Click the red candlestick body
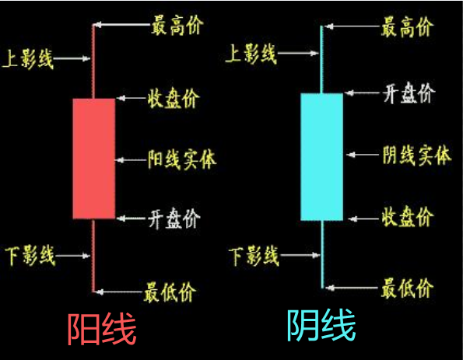click(x=94, y=159)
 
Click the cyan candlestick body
click(x=322, y=157)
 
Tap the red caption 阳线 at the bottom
click(x=102, y=329)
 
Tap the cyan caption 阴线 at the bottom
click(x=321, y=325)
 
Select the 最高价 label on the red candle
click(x=177, y=26)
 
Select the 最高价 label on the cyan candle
click(x=408, y=27)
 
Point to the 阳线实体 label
click(x=182, y=159)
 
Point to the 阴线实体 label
click(x=417, y=155)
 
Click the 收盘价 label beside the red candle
click(x=174, y=98)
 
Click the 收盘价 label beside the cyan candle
click(x=408, y=216)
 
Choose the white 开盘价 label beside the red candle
click(x=174, y=218)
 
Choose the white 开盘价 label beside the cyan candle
click(x=409, y=93)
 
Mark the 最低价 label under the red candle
click(x=170, y=292)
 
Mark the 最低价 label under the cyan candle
click(x=407, y=288)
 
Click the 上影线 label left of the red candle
click(x=27, y=59)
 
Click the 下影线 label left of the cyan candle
click(x=254, y=256)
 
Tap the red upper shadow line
click(x=93, y=61)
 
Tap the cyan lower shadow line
click(x=322, y=254)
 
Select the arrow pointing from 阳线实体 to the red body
click(x=130, y=160)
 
